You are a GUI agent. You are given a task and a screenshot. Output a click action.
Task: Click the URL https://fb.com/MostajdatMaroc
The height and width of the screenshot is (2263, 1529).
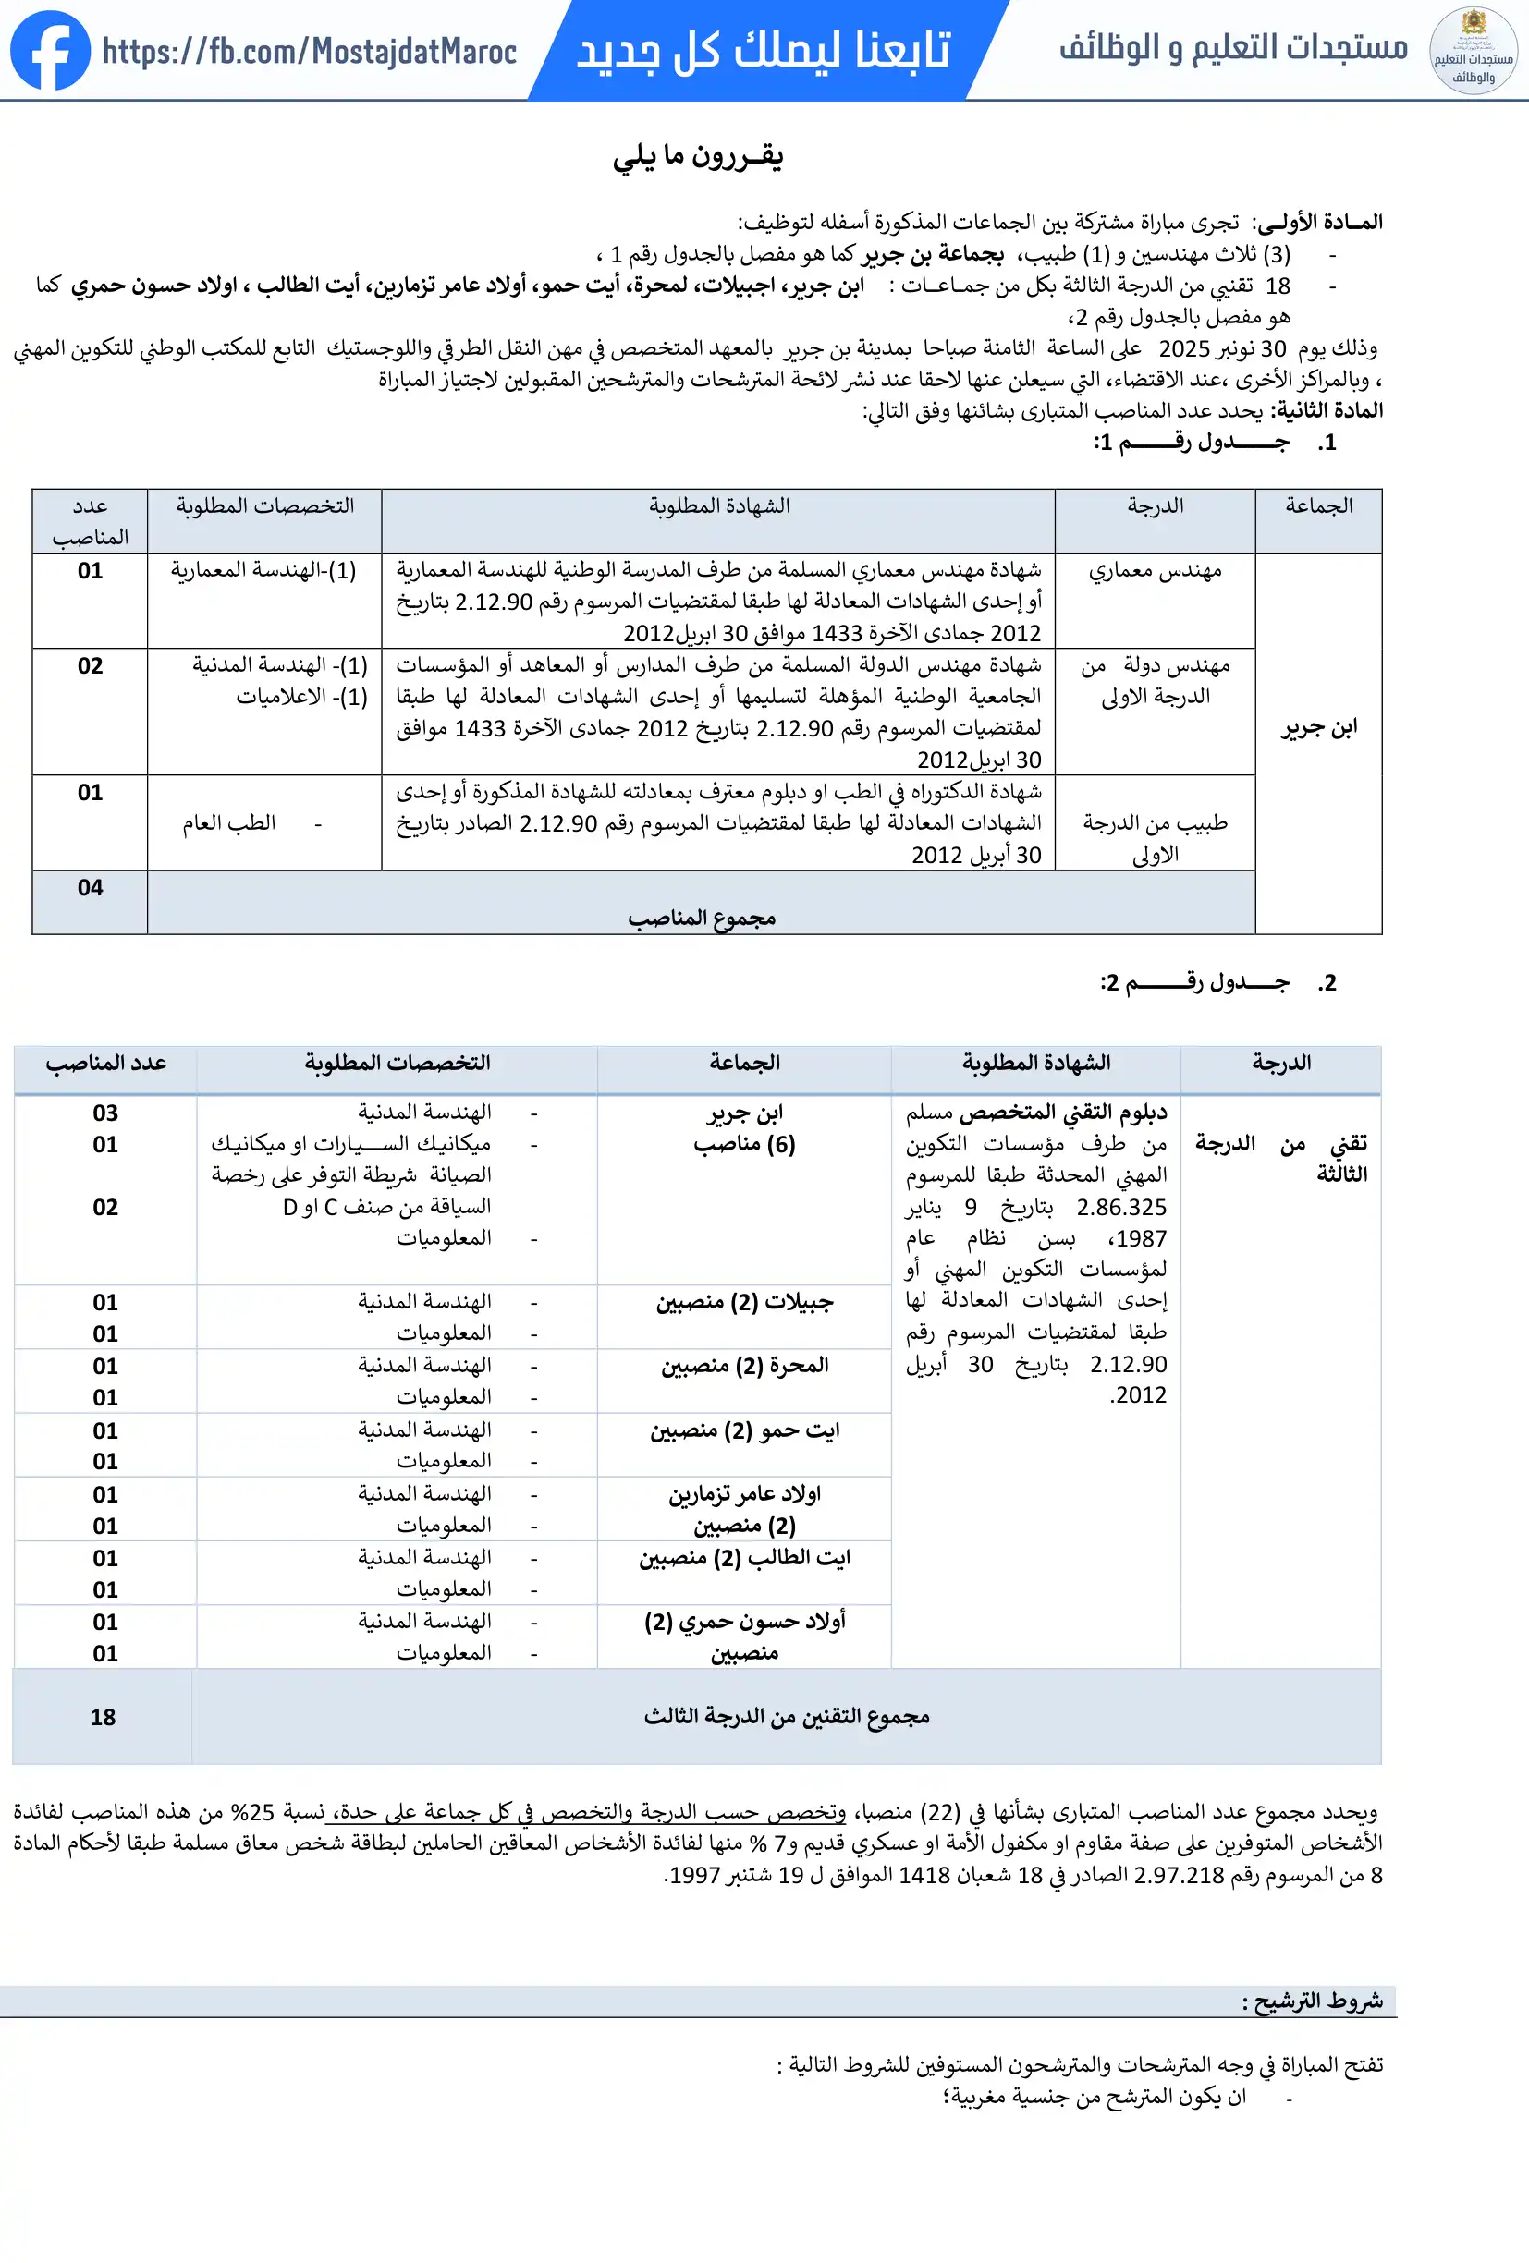310,51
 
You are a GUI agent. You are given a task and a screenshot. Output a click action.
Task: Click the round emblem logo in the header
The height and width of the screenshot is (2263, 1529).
1473,51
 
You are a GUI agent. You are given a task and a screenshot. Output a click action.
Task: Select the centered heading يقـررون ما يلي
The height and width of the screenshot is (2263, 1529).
697,157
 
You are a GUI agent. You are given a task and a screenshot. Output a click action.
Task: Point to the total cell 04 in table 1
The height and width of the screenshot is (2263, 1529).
90,887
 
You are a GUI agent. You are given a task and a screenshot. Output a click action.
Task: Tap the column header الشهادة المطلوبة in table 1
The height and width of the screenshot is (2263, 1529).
718,506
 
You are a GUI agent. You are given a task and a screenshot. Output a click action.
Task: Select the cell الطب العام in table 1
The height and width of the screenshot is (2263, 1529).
229,824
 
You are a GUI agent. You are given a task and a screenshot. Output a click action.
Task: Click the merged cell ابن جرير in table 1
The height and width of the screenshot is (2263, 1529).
1318,727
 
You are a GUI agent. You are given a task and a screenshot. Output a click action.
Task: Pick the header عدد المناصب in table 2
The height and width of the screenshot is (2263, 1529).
105,1064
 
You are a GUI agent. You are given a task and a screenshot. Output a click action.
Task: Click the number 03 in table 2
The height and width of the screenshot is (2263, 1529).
105,1113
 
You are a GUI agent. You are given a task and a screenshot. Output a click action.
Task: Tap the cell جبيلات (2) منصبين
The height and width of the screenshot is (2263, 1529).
744,1303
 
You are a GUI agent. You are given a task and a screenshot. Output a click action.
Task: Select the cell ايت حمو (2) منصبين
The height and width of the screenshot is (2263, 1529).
744,1431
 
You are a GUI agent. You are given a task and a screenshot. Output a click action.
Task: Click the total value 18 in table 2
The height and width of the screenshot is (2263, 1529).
103,1718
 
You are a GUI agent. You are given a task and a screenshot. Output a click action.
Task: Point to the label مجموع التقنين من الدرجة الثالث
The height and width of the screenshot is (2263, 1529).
786,1717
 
